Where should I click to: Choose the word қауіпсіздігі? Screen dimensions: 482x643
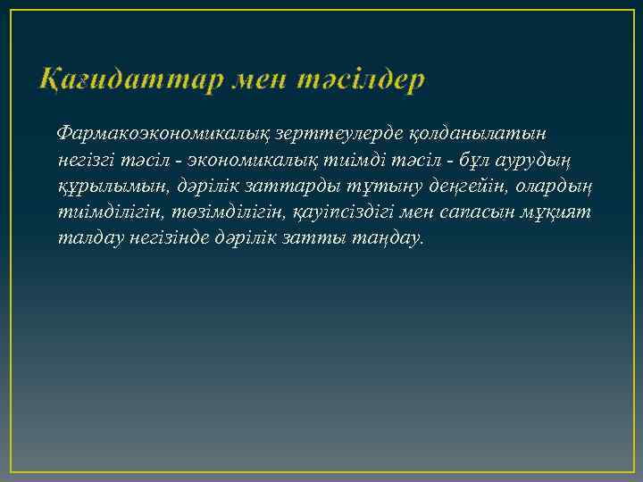339,213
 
